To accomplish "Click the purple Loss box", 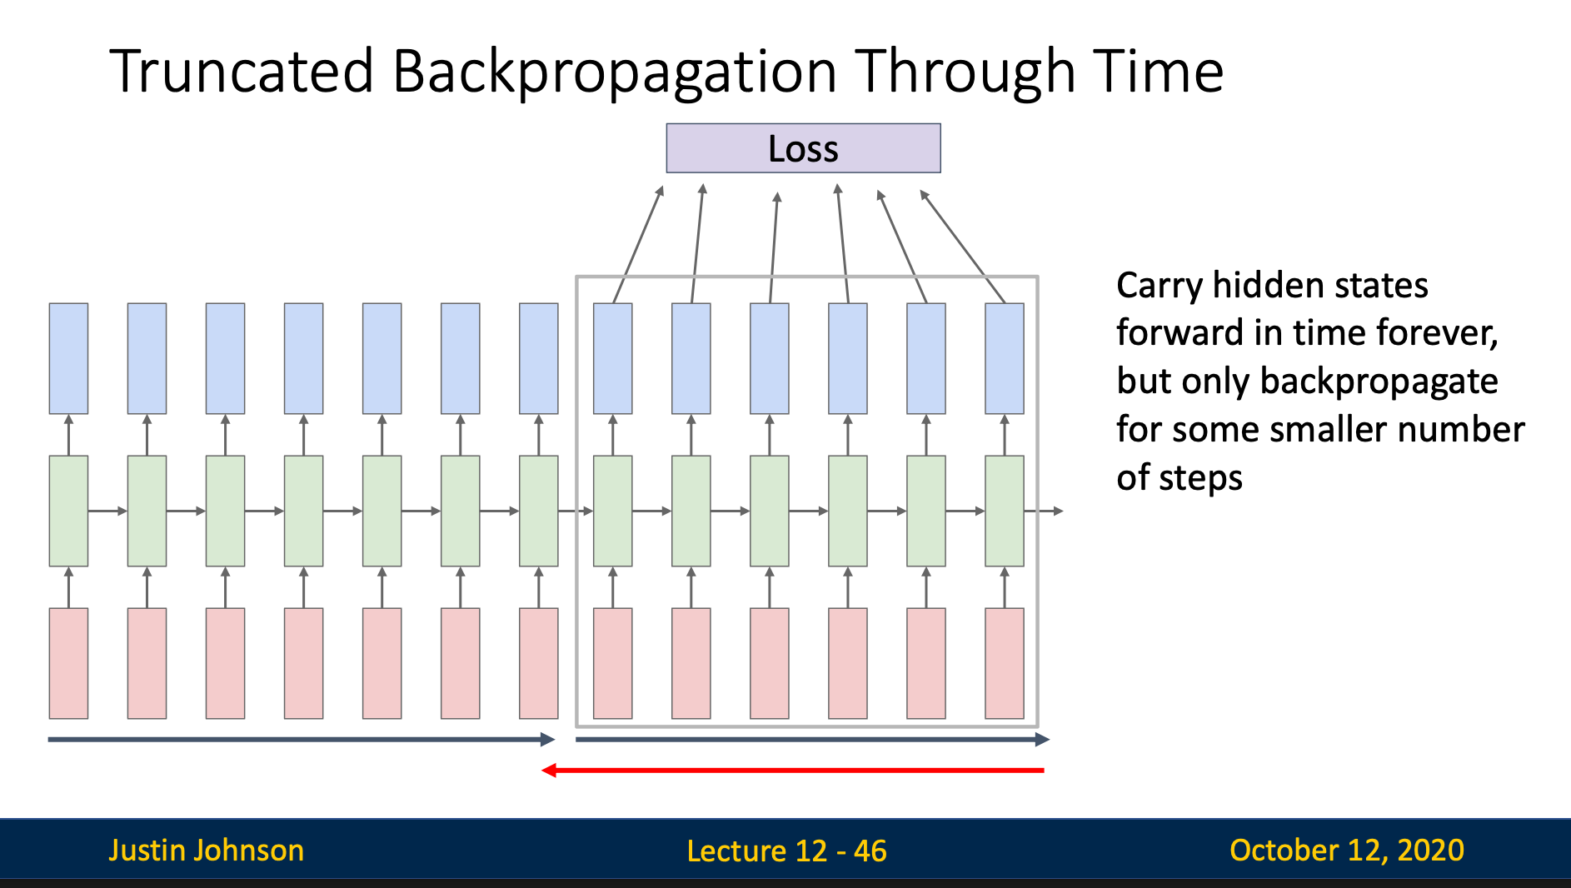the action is coord(803,148).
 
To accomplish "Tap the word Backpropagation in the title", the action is coord(615,73).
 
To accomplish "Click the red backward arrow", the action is coord(792,770).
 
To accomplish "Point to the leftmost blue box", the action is coord(68,358).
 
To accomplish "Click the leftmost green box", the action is coord(68,511).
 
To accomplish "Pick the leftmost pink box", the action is coord(68,663).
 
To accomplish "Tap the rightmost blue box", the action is coord(1005,358).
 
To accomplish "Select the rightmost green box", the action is coord(1005,511).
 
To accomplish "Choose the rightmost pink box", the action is coord(1005,663).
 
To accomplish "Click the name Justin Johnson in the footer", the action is coord(207,851).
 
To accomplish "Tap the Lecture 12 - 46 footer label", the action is coord(786,851).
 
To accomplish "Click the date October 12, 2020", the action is coord(1347,851).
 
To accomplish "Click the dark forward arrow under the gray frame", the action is coord(812,739).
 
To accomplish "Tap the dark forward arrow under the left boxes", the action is coord(302,739).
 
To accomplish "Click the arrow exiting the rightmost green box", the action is coord(1044,511).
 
